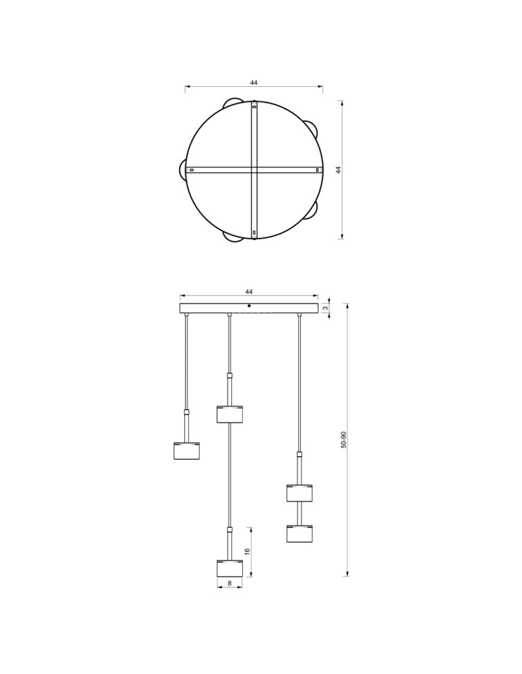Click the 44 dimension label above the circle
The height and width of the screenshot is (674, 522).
coord(254,83)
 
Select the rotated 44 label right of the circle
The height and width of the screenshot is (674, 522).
coord(339,170)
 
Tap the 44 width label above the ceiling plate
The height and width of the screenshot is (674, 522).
coord(249,292)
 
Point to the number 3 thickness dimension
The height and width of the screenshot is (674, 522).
coord(325,308)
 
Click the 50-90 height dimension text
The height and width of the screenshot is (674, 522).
coord(343,440)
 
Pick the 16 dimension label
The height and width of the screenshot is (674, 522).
coord(247,551)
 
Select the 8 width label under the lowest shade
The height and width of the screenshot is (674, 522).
coord(229,583)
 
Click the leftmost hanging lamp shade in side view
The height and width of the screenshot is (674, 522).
coord(186,451)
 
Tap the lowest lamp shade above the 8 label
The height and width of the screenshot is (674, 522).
coord(229,568)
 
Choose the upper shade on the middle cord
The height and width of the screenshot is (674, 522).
coord(229,414)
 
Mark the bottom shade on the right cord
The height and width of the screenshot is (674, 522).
coord(299,534)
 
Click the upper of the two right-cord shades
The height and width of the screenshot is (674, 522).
coord(299,493)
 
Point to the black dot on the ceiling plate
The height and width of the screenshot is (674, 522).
coord(249,306)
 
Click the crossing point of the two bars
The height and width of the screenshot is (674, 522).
coord(254,170)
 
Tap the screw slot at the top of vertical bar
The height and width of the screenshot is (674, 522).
coord(254,106)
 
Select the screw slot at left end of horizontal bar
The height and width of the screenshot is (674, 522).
coord(192,170)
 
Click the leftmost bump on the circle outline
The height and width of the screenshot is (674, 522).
coord(183,169)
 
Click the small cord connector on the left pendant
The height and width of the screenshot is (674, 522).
coord(186,412)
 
